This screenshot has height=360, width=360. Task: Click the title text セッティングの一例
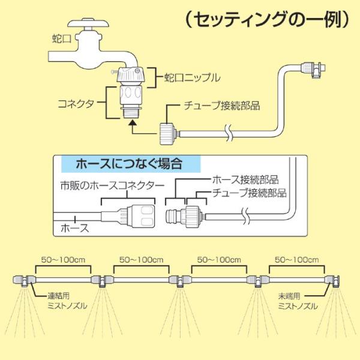click(268, 20)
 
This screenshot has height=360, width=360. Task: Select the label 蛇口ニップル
click(192, 77)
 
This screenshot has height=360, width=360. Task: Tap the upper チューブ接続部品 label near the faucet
click(222, 106)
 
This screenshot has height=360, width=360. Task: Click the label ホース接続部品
click(246, 180)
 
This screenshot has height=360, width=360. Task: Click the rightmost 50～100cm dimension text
click(295, 260)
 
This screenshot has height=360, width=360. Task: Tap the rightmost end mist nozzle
click(335, 281)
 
